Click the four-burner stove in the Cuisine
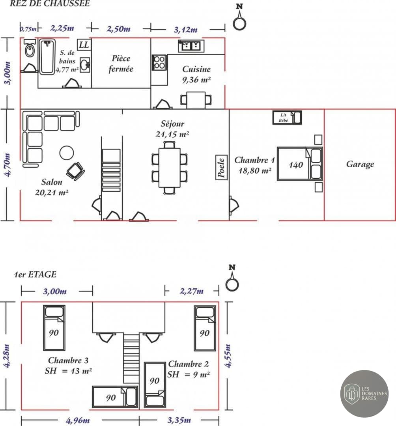point(159,62)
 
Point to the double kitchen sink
point(191,45)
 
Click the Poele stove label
point(221,168)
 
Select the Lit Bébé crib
point(287,118)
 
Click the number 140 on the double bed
point(296,164)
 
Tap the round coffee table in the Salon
point(67,153)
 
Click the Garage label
point(360,164)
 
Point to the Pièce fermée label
point(121,64)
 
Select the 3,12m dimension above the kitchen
point(186,29)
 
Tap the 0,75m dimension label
point(28,28)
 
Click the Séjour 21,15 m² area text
point(172,129)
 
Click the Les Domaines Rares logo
point(364,394)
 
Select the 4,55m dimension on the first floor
point(228,356)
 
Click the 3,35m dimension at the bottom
point(179,420)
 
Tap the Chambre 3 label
point(68,361)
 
